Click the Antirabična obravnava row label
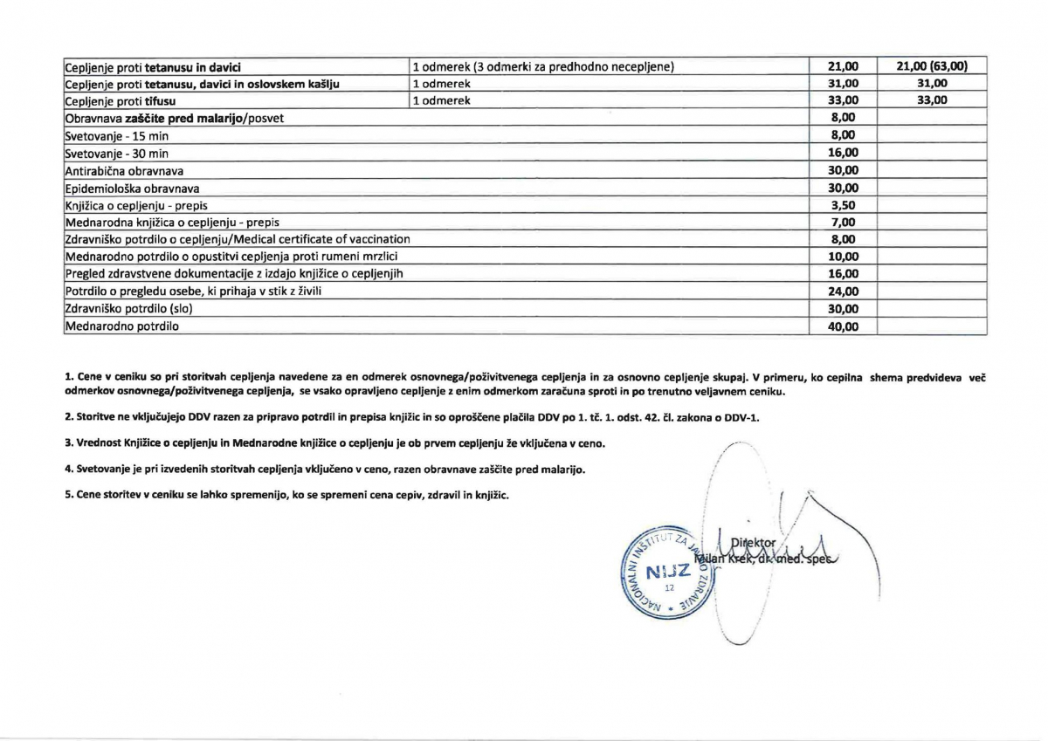click(124, 170)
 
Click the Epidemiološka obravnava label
click(132, 188)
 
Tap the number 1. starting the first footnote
click(69, 376)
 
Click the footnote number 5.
click(69, 495)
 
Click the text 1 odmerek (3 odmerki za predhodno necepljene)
click(542, 66)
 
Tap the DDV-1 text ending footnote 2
click(744, 417)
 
